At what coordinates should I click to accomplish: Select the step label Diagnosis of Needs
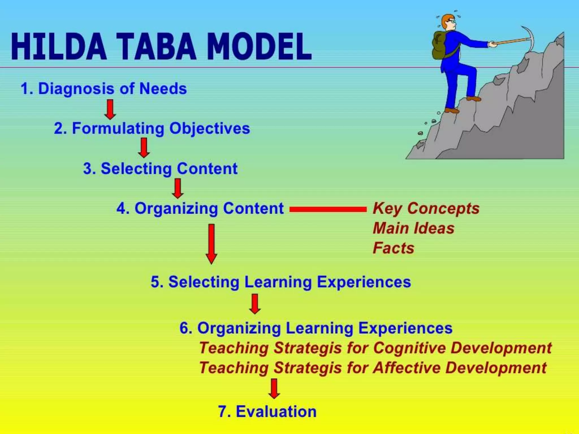[x=104, y=88]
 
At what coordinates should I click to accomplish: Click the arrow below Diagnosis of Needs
[x=110, y=109]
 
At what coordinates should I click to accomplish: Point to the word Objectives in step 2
[x=209, y=129]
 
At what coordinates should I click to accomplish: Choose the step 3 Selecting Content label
[x=160, y=169]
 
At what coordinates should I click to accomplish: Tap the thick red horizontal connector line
[x=328, y=209]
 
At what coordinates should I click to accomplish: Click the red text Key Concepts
[x=426, y=209]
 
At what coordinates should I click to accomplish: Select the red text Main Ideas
[x=413, y=228]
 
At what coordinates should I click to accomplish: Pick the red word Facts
[x=394, y=248]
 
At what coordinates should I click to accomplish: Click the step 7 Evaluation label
[x=267, y=411]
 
